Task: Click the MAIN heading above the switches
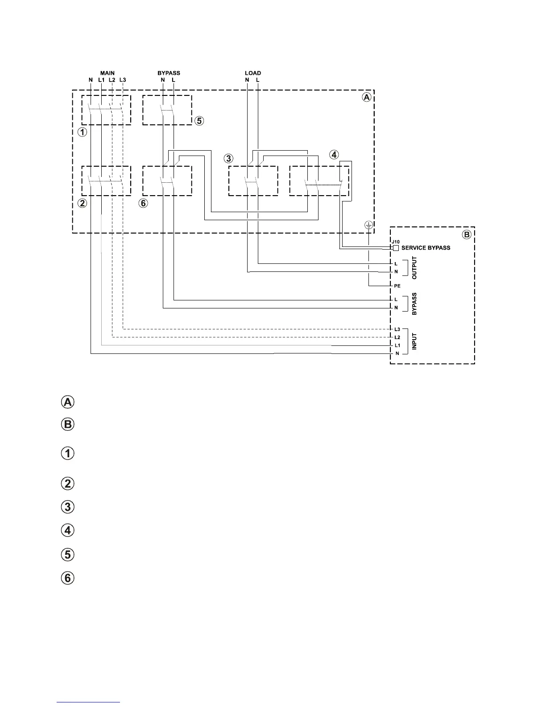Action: [107, 73]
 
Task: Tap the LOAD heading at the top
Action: [253, 73]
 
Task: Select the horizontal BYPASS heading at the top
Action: [169, 73]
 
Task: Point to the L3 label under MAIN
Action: [123, 80]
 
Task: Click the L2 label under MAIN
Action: [112, 80]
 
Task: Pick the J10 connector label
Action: [396, 242]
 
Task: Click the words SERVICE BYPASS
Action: [426, 248]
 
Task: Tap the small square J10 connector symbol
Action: [396, 248]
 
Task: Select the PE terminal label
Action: [397, 286]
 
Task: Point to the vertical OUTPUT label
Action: [414, 267]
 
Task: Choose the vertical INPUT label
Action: [414, 341]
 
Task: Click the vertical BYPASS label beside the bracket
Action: [414, 304]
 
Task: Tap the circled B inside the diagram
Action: [467, 234]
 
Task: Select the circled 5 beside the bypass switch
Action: [199, 121]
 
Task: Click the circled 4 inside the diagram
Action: [334, 155]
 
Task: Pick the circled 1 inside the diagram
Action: [82, 132]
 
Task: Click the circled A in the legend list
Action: [67, 402]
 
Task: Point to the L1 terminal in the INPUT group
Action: [397, 345]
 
